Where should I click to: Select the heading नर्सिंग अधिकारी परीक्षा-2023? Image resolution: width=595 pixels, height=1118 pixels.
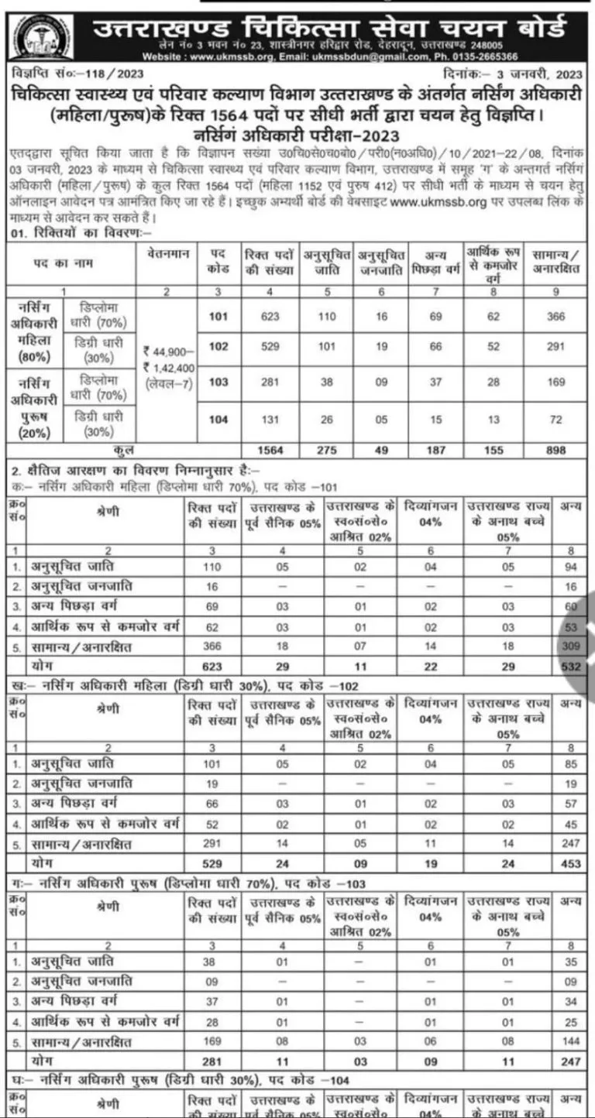[298, 131]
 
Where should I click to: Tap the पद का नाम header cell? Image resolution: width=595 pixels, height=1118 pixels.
[74, 263]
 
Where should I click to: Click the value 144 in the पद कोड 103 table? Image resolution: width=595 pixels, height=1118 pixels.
[572, 1041]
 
